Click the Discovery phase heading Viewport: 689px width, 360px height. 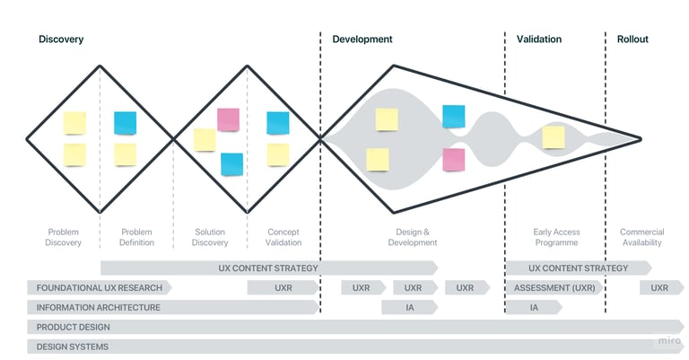coord(61,40)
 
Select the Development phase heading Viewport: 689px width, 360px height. coord(362,40)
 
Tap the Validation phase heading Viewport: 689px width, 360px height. coord(539,40)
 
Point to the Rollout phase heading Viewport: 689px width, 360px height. coord(632,40)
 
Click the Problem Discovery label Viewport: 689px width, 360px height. coord(64,237)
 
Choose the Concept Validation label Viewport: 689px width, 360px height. coord(283,237)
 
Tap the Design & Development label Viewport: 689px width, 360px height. coord(413,237)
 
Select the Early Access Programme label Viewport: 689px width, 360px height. coord(556,237)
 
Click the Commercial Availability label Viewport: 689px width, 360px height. coord(641,237)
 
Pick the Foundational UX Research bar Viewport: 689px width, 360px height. coord(99,288)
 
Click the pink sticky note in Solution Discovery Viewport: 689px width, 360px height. coord(229,119)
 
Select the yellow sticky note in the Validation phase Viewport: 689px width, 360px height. coord(554,137)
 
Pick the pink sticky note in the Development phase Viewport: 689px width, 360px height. coord(454,160)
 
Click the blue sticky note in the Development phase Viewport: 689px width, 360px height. coord(454,116)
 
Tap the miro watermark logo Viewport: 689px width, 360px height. coord(668,341)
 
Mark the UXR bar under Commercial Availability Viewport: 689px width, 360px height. coord(659,288)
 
